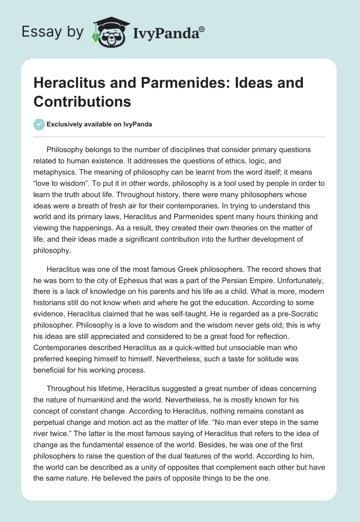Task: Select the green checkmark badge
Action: click(39, 124)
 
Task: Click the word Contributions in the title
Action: click(82, 101)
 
